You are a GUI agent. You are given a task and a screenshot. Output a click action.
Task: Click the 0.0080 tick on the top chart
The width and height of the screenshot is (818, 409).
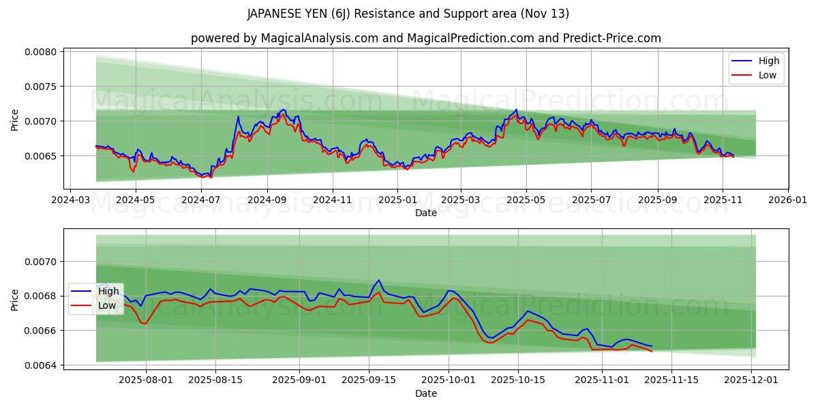(42, 52)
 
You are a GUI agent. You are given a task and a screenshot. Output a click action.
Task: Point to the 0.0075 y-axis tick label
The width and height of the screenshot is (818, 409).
(42, 87)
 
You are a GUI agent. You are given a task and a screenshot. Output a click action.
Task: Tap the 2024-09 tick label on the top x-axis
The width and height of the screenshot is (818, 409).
(267, 200)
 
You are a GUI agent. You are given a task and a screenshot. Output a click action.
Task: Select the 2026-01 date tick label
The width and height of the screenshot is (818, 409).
(788, 200)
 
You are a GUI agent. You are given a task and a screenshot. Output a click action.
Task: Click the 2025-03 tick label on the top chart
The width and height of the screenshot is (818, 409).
(461, 200)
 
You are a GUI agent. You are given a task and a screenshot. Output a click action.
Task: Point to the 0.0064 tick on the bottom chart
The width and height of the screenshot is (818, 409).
(42, 365)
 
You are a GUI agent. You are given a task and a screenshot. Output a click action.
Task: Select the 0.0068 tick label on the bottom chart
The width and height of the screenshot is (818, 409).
(42, 296)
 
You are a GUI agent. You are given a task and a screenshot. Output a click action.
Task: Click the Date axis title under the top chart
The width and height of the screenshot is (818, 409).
(426, 213)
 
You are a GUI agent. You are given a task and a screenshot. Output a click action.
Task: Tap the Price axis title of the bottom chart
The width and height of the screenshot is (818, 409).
(15, 299)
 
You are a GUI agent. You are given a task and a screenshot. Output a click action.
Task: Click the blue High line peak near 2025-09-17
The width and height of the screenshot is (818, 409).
(379, 279)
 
